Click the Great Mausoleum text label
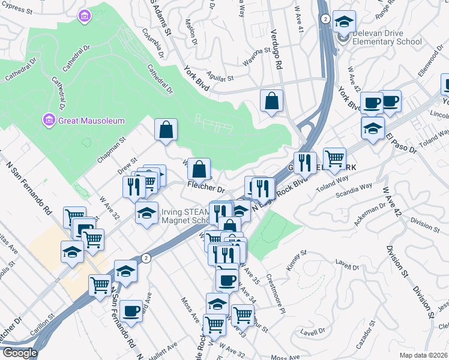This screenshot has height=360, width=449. coord(91,121)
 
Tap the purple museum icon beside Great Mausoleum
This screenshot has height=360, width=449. coord(49,121)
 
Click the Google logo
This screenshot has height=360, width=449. coord(19,353)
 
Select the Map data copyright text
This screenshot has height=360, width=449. coord(423,355)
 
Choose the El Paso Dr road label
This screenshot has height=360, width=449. coord(402,144)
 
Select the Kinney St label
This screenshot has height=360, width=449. coord(296,262)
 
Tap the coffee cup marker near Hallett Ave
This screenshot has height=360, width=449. coord(131,310)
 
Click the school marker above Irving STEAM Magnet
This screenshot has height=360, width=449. coord(146,212)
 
